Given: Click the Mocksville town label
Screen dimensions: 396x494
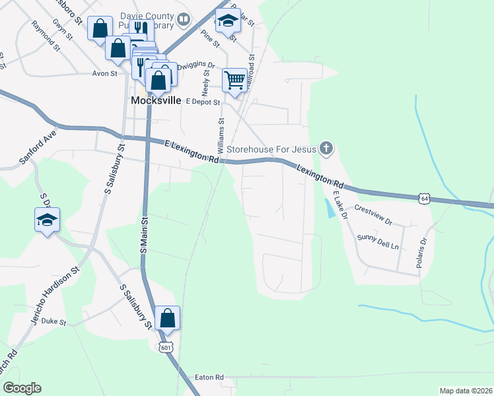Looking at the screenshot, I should (x=156, y=101).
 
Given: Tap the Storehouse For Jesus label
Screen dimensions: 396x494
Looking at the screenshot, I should (x=271, y=149).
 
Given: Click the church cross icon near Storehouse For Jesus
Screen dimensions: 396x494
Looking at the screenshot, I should (x=326, y=148).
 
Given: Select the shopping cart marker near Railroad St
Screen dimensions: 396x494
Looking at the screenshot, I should (x=235, y=81).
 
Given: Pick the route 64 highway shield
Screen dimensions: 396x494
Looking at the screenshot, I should (x=425, y=197).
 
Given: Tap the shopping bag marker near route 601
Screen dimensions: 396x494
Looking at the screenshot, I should (x=168, y=319).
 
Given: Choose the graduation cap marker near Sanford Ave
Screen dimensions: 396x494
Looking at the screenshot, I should (x=48, y=220).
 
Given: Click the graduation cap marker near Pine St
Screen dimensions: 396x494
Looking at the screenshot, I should (x=228, y=21).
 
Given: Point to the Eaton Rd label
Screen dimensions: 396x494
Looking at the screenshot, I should (x=209, y=378).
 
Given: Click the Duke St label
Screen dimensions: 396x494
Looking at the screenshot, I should (x=54, y=323).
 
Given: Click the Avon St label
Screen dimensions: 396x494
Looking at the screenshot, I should (x=104, y=73).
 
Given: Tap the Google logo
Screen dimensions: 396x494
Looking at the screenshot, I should (x=22, y=388).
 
